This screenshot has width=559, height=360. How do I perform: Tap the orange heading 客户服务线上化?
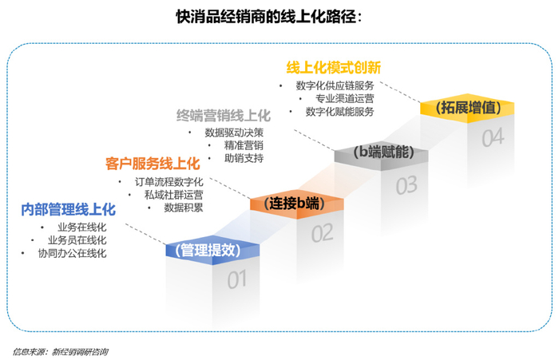click(152, 164)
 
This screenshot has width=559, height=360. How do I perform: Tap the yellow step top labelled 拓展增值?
click(466, 106)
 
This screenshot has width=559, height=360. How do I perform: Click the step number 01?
click(237, 280)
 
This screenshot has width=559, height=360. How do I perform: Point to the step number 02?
click(322, 234)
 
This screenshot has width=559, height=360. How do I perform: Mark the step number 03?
click(406, 186)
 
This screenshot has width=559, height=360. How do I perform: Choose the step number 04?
click(492, 138)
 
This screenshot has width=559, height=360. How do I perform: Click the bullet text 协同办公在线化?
click(72, 253)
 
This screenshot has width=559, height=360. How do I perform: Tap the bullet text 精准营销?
click(244, 145)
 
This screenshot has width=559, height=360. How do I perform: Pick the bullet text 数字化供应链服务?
click(335, 85)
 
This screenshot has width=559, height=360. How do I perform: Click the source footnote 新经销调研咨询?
click(79, 351)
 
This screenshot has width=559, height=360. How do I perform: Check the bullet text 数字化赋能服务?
click(339, 112)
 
